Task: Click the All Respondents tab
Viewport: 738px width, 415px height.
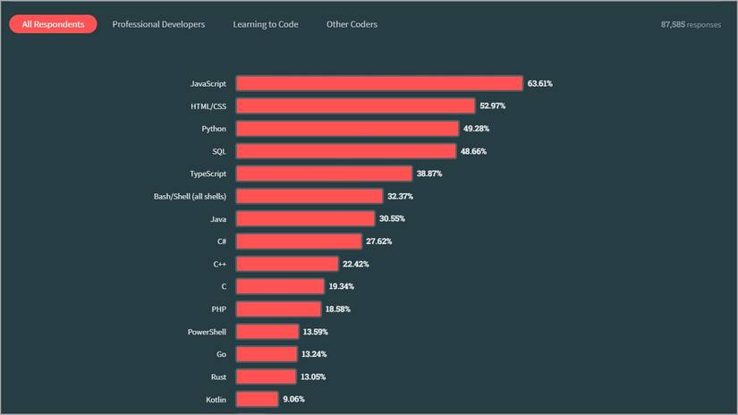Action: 53,24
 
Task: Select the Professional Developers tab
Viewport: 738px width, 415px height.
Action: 158,24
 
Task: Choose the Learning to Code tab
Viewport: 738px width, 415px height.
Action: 265,24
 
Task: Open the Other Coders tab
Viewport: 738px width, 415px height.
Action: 352,24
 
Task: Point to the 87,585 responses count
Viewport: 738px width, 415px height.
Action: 691,24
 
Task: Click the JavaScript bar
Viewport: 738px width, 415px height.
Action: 379,83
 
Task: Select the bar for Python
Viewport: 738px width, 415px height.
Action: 347,129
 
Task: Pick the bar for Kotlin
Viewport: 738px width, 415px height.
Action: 258,399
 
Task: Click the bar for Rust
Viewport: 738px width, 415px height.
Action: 266,377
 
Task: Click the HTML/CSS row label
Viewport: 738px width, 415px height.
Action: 208,106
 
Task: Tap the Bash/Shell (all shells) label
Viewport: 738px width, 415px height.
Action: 190,196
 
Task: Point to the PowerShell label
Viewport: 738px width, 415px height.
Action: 206,332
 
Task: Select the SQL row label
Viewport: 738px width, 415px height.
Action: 218,151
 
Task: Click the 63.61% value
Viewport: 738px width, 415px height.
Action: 540,83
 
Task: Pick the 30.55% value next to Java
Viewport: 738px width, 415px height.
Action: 393,218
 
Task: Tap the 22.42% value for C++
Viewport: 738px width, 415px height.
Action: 356,264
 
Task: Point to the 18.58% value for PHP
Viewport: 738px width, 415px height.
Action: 338,309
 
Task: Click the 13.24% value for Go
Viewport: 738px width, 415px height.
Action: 315,354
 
